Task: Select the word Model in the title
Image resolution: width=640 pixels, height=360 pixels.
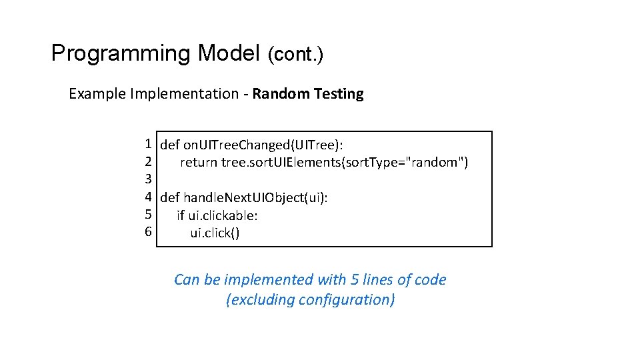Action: [229, 53]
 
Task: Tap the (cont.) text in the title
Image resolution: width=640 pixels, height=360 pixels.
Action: [295, 55]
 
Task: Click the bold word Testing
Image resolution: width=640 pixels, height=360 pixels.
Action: [339, 94]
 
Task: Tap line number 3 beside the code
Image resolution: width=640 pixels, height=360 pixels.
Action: [148, 179]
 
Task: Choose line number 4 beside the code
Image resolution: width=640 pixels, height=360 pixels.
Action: [148, 197]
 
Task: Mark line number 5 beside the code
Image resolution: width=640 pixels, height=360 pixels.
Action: [148, 215]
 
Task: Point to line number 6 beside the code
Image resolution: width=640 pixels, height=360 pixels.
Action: [148, 232]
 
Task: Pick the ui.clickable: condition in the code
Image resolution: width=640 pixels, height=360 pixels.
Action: [223, 215]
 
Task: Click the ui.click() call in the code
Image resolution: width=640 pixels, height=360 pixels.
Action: [215, 233]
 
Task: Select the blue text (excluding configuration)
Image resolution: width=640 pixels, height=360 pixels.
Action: [311, 300]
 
